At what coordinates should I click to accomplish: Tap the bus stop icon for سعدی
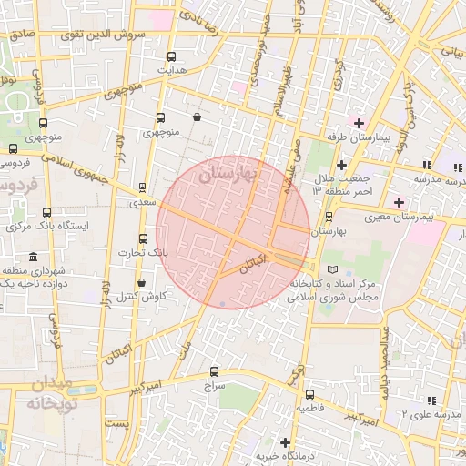click(142, 187)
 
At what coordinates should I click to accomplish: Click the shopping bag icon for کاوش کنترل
click(140, 282)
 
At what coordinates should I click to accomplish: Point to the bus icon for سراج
click(215, 371)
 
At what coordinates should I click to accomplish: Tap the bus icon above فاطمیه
click(310, 395)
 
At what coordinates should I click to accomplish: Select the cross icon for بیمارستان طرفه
click(360, 123)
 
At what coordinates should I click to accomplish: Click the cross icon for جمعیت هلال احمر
click(341, 165)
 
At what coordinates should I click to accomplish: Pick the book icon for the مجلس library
click(332, 269)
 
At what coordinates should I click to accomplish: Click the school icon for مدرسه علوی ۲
click(433, 400)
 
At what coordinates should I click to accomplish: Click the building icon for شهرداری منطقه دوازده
click(34, 257)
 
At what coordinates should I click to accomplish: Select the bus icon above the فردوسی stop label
click(13, 149)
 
